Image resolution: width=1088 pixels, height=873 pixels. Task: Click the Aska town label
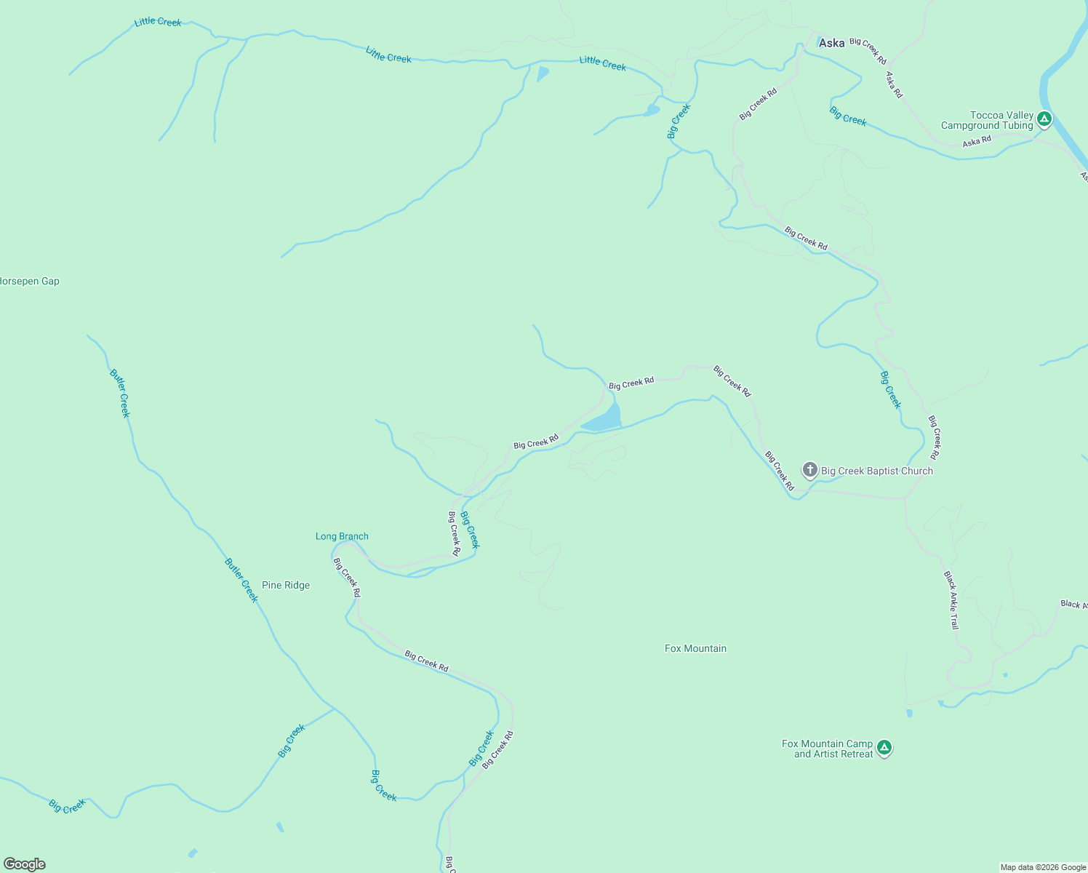pos(831,43)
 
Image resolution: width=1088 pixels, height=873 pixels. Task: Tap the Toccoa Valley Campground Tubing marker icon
pos(1044,119)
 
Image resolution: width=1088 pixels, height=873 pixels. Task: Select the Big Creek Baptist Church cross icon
pos(810,470)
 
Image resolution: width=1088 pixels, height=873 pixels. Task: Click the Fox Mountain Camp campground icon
pos(884,747)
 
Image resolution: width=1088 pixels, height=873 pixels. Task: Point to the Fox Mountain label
pos(695,648)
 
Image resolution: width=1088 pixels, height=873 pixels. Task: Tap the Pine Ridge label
pos(286,585)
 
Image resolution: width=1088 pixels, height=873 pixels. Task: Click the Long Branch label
pos(342,536)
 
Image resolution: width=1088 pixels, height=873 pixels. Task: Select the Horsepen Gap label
pos(30,282)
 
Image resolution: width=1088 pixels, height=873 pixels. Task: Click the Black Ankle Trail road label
pos(951,600)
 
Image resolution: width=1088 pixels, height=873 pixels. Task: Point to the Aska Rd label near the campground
pos(977,141)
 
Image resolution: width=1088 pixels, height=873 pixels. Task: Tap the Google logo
pos(25,864)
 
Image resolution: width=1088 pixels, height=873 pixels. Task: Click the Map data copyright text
pos(1042,867)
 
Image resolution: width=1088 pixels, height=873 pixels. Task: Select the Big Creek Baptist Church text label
pos(876,471)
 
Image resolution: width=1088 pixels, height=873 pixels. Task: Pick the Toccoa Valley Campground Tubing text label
pos(987,120)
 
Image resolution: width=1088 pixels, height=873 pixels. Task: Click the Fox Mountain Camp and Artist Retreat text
pos(828,749)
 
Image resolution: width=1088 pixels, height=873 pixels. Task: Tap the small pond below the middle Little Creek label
pos(542,73)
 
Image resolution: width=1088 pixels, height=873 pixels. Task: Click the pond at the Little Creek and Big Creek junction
pos(651,111)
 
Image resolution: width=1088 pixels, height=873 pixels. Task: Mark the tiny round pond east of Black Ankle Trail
pos(1005,675)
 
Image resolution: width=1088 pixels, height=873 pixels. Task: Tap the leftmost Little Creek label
pos(158,22)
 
